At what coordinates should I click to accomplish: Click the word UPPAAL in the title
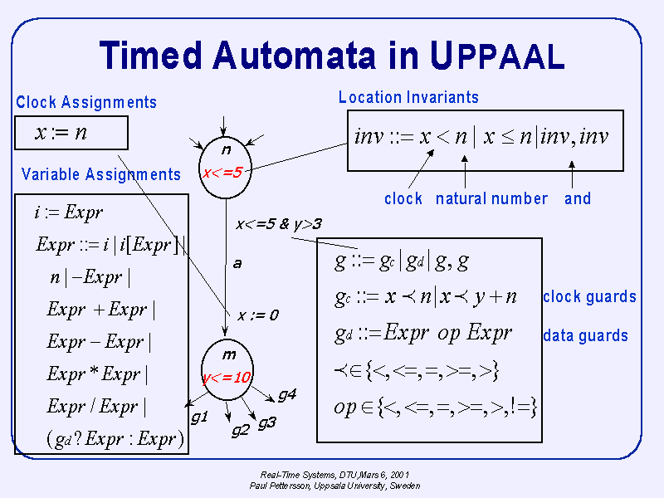[497, 55]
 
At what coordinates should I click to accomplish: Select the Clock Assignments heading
[86, 103]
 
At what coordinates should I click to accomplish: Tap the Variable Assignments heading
[101, 174]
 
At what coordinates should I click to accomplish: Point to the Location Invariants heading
[408, 97]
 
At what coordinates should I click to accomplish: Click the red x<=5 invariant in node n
[222, 173]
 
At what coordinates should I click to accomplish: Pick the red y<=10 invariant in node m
[226, 378]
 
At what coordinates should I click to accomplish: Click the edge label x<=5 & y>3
[278, 224]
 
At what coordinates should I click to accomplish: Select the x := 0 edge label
[258, 315]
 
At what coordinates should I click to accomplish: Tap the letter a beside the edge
[237, 263]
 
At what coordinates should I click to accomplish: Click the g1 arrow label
[199, 417]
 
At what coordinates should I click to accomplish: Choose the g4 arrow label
[286, 395]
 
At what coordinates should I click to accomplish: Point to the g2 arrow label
[240, 429]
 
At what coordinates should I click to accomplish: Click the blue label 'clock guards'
[589, 297]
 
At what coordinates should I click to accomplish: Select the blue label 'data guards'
[585, 336]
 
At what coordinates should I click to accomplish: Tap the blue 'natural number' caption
[491, 199]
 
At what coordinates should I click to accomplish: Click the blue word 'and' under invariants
[577, 199]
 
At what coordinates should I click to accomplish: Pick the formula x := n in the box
[61, 133]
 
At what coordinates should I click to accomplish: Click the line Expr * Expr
[97, 374]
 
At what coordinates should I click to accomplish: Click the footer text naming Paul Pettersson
[334, 486]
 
